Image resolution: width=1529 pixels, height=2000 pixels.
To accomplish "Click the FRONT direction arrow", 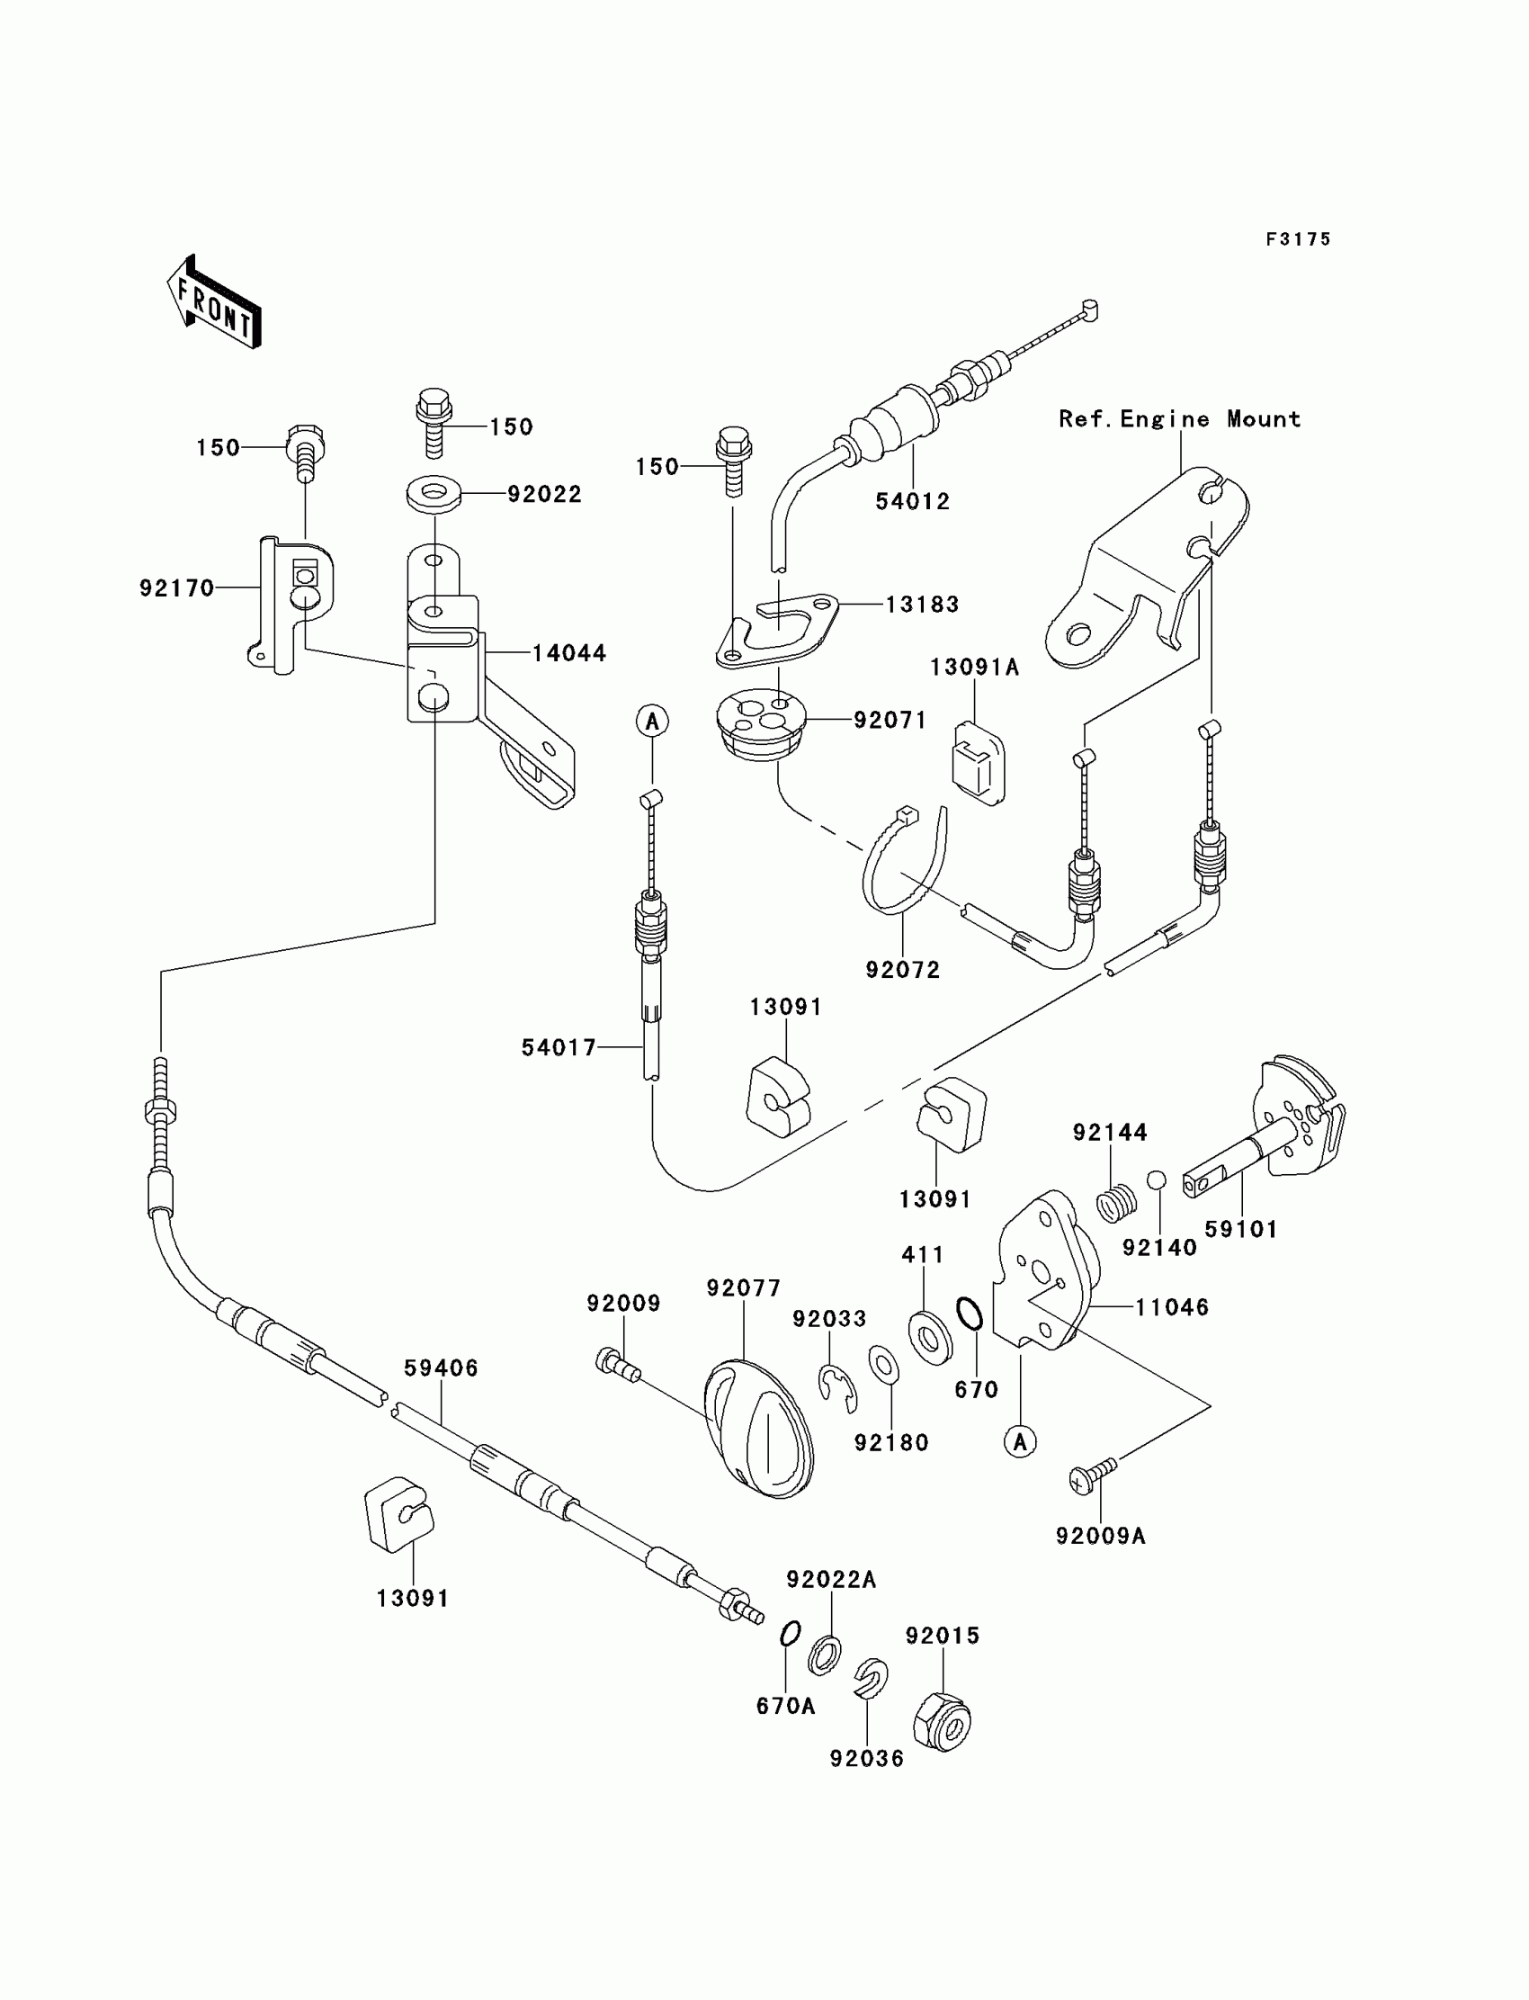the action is (x=215, y=302).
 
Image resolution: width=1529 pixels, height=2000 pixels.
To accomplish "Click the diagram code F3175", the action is (x=1298, y=238).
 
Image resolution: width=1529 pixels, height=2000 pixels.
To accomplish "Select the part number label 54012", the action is (x=912, y=501).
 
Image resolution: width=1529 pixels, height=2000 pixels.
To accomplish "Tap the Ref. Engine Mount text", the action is (x=1179, y=418).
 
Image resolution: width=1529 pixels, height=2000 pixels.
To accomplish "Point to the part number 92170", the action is (x=176, y=588).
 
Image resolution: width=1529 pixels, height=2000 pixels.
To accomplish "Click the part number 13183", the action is (x=922, y=604).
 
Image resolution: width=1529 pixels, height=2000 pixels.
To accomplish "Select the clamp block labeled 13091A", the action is (x=979, y=763).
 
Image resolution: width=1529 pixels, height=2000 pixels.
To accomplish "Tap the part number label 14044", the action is (x=568, y=652).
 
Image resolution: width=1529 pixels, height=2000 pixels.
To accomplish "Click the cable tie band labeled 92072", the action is (x=903, y=859).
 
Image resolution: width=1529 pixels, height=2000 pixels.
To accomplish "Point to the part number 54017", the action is (x=558, y=1048).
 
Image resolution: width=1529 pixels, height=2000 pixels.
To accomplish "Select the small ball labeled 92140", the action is (x=1156, y=1180).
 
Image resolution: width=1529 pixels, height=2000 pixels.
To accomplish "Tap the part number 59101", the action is (x=1241, y=1229).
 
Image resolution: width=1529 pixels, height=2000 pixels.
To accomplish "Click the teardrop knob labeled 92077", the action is (x=759, y=1429).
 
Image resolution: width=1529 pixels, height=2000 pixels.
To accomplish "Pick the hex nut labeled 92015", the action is (x=942, y=1721).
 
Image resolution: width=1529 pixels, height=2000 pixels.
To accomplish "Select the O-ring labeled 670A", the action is (x=790, y=1634).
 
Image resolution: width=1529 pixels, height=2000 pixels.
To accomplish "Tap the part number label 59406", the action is (x=441, y=1368).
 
